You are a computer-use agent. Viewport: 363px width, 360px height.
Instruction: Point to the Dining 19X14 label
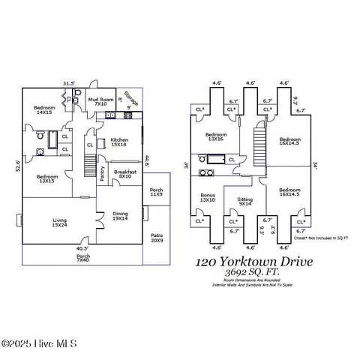pyautogui.click(x=121, y=215)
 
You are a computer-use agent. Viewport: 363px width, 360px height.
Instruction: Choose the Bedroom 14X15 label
pyautogui.click(x=44, y=110)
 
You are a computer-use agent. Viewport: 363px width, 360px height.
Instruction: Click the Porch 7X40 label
pyautogui.click(x=83, y=257)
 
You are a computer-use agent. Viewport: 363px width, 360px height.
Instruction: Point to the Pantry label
pyautogui.click(x=103, y=174)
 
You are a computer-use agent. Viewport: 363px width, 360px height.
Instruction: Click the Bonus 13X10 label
pyautogui.click(x=207, y=197)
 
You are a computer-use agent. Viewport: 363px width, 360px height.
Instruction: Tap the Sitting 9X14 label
pyautogui.click(x=245, y=200)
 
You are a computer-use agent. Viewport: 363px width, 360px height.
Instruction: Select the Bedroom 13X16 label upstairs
pyautogui.click(x=216, y=137)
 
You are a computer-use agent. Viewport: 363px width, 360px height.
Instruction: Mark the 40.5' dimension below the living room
pyautogui.click(x=82, y=248)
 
